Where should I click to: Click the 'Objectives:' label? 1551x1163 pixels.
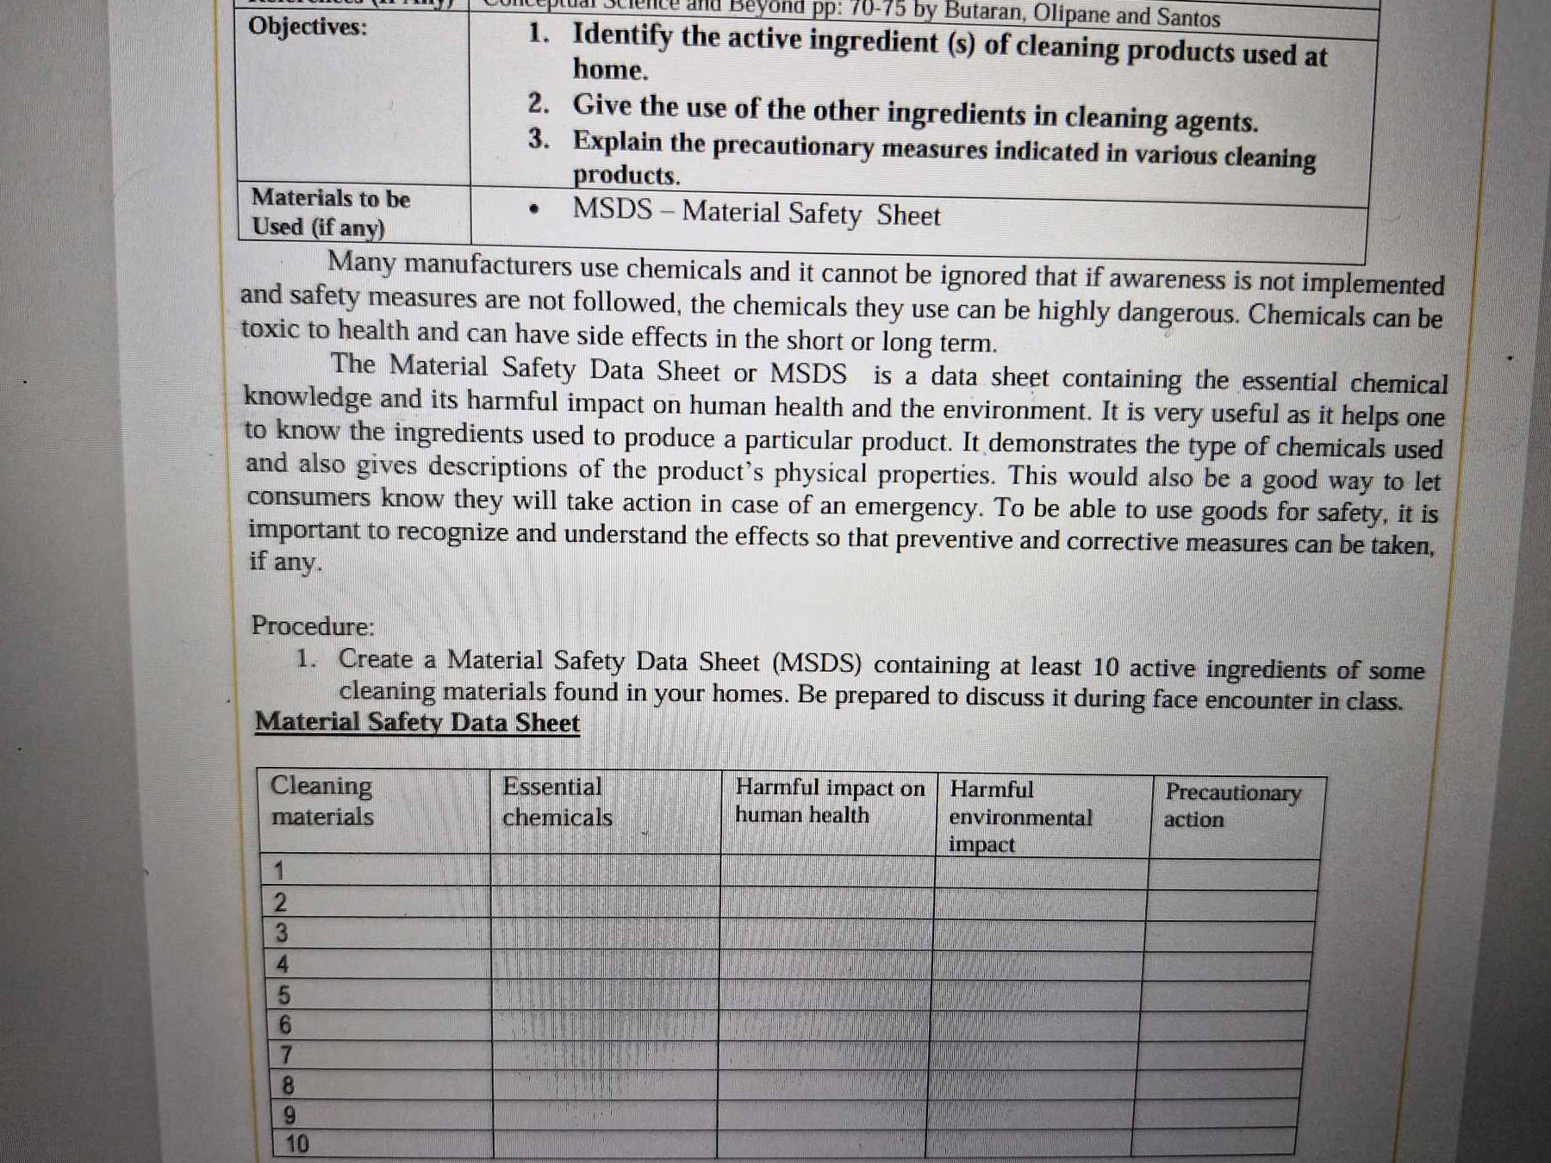click(308, 28)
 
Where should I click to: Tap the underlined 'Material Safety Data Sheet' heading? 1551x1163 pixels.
click(417, 722)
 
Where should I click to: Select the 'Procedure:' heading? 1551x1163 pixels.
click(313, 625)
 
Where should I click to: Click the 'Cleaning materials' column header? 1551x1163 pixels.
click(322, 800)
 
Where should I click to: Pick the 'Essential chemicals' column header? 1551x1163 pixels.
click(557, 802)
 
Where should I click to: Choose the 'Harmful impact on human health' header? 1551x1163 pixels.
click(828, 801)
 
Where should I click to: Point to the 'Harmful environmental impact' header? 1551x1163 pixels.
click(1020, 816)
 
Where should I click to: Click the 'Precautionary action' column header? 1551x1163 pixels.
click(1231, 805)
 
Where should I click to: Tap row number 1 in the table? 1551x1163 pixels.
click(278, 871)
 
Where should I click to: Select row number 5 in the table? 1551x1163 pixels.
click(283, 996)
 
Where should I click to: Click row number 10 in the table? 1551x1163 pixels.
click(296, 1144)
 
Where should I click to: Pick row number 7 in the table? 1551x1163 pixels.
click(286, 1055)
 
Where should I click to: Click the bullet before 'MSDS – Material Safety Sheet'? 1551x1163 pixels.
click(535, 209)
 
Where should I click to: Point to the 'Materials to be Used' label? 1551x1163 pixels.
click(330, 212)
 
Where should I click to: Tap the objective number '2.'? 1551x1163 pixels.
click(539, 104)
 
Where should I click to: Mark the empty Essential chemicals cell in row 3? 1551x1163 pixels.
click(605, 934)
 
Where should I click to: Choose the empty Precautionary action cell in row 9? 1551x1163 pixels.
click(1215, 1114)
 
